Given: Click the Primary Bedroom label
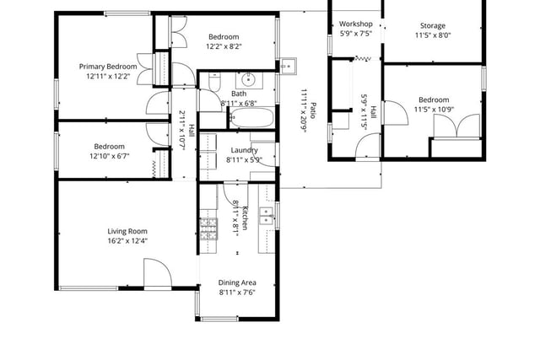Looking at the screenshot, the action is [108, 67].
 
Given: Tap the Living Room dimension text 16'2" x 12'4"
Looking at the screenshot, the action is [127, 241].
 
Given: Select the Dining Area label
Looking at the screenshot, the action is [237, 282].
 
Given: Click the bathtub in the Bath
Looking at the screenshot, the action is [251, 118].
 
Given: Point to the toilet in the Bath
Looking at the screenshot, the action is [214, 83].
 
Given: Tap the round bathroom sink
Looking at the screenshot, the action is [248, 80].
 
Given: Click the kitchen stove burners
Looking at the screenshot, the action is [208, 228].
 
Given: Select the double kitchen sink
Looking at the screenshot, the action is [266, 216].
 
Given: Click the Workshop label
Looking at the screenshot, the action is [355, 24].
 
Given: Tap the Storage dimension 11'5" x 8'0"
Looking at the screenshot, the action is [433, 35].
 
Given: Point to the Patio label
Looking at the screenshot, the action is [313, 110].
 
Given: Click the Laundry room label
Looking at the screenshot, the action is [244, 150].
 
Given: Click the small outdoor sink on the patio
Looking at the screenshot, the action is [288, 66].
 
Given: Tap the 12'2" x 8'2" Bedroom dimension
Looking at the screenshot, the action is [224, 46].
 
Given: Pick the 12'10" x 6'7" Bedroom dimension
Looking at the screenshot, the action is [109, 156].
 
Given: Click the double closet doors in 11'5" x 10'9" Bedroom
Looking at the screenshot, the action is [456, 126].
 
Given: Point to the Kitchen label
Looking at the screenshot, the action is [245, 218].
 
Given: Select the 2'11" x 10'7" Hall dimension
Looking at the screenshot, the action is [182, 129].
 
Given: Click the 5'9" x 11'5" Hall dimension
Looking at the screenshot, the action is [364, 110].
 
